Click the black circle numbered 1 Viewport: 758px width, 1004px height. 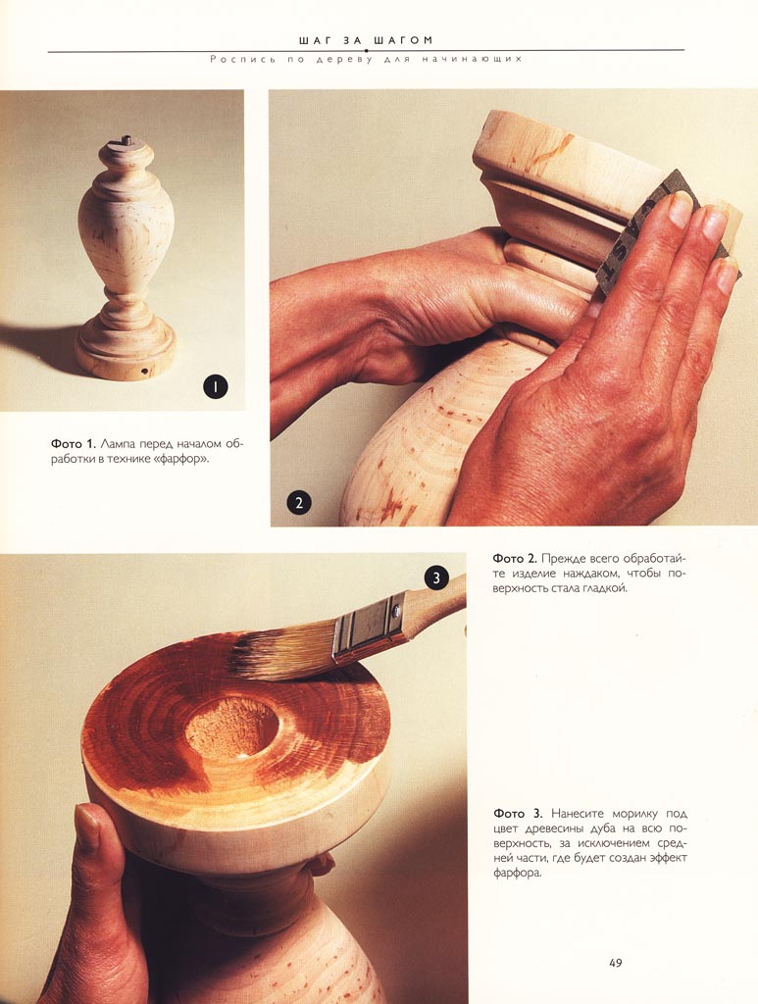click(x=216, y=386)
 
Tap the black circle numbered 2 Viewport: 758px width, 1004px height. click(x=299, y=503)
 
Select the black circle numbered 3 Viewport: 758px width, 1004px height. click(x=436, y=578)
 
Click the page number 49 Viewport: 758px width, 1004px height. click(x=615, y=963)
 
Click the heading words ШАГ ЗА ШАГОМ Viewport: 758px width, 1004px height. click(x=366, y=40)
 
